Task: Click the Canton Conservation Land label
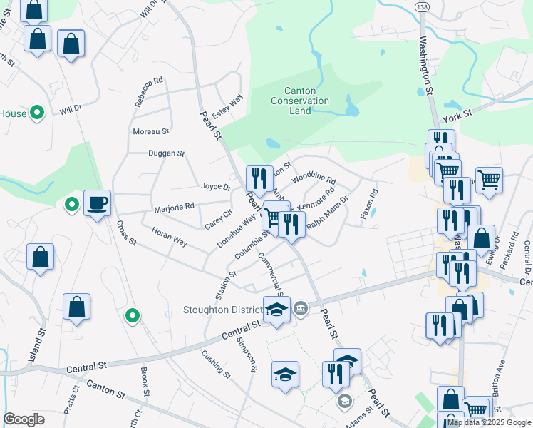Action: click(300, 101)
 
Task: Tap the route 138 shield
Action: click(422, 6)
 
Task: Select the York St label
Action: click(457, 114)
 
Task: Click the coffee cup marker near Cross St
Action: click(97, 203)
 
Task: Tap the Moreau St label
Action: click(150, 132)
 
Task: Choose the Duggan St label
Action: click(166, 153)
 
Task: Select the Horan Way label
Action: click(170, 238)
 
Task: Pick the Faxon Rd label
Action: click(368, 203)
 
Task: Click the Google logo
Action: click(24, 419)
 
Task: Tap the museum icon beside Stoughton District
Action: click(301, 308)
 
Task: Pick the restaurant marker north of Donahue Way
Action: click(259, 176)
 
